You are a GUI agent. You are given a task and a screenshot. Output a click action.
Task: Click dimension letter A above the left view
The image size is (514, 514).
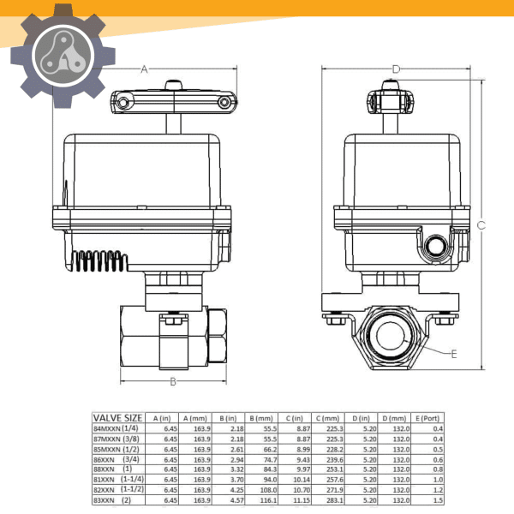click(x=144, y=69)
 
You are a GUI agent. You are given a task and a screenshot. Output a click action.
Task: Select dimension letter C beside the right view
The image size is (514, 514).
click(x=481, y=225)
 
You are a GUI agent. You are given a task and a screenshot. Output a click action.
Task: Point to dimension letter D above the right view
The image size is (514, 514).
click(x=396, y=69)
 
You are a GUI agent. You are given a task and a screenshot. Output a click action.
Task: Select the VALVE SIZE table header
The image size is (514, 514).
click(x=117, y=417)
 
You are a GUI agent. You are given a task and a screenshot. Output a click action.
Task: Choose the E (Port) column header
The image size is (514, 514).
click(x=427, y=418)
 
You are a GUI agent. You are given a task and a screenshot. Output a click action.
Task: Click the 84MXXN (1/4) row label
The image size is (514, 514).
click(x=116, y=428)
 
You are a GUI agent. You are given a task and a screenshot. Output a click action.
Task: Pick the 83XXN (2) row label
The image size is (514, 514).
click(x=112, y=499)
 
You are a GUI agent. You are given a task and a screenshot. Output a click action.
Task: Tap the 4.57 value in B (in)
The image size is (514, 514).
click(x=237, y=499)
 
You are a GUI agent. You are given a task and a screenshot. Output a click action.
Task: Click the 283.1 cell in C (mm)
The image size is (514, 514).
click(x=332, y=499)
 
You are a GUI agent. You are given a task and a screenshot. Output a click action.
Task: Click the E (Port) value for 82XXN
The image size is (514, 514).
click(x=438, y=489)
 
